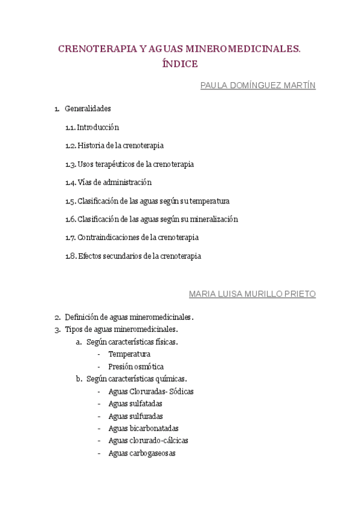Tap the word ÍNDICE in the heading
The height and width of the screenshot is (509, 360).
179,64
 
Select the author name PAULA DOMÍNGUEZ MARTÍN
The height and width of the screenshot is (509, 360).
257,86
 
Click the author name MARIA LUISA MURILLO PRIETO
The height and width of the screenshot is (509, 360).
252,294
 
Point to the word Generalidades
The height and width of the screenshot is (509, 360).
88,109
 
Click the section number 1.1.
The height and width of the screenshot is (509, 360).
70,127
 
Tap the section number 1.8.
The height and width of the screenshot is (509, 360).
71,256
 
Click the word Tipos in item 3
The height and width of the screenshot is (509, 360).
73,330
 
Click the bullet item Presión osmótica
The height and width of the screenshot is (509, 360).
136,367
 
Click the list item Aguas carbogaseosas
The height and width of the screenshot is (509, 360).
142,454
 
